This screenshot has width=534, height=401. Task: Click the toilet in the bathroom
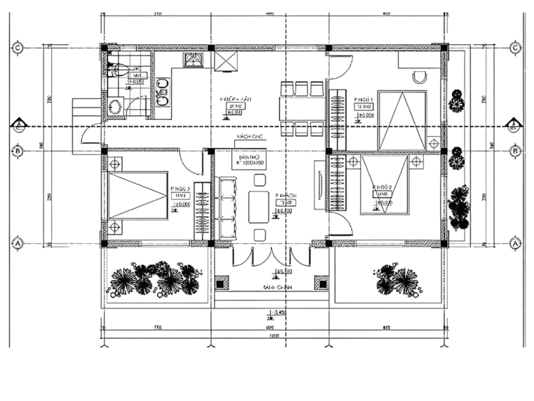(118, 70)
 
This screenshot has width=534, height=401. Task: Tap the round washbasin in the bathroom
(115, 107)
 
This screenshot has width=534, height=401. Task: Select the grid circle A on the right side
(515, 243)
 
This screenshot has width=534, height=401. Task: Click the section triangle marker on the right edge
(512, 127)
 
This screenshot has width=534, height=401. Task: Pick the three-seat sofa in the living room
(228, 209)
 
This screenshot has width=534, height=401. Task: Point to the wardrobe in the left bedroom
(203, 212)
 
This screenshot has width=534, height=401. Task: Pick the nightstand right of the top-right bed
(434, 143)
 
